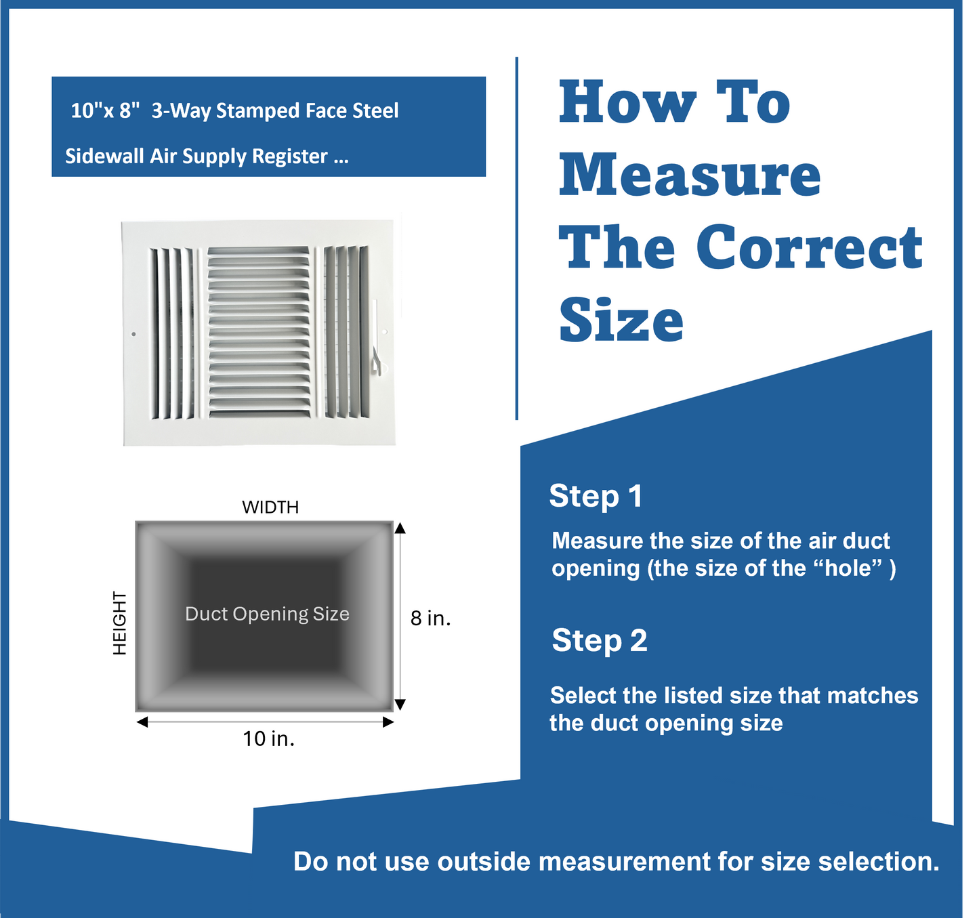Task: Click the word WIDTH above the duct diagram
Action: click(x=270, y=507)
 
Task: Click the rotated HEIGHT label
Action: click(x=120, y=623)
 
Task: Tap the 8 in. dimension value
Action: click(x=430, y=618)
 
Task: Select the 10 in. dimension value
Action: click(x=269, y=738)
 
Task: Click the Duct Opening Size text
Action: click(x=267, y=614)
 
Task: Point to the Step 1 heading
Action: click(x=596, y=496)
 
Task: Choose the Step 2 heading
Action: click(x=599, y=640)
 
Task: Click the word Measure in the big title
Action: click(x=690, y=175)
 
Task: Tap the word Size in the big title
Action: click(x=621, y=320)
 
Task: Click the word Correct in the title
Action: click(x=809, y=247)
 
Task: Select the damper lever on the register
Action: click(x=377, y=339)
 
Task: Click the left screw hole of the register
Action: click(x=133, y=334)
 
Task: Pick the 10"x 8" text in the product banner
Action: click(x=105, y=110)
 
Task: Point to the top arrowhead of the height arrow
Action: click(x=400, y=528)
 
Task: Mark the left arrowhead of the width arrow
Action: click(x=142, y=722)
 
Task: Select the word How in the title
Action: click(x=627, y=103)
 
